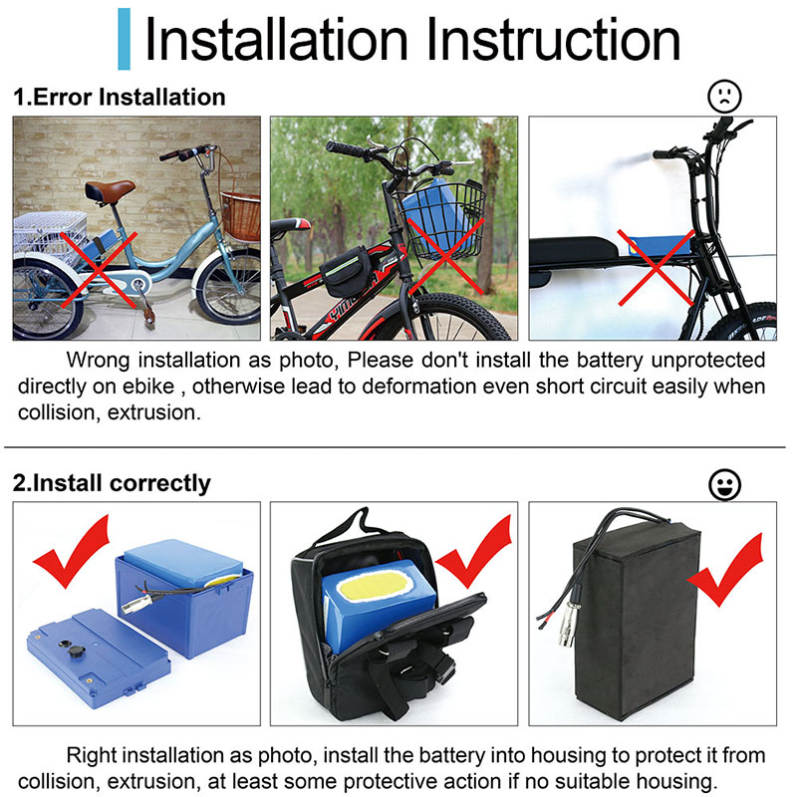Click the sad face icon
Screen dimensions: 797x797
pos(724,96)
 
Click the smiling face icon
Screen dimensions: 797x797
pos(724,485)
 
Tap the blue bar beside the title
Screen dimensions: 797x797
pos(124,39)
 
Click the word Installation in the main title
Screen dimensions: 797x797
pos(276,40)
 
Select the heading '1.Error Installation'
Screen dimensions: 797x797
pos(120,97)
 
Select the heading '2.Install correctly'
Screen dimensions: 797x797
pos(112,483)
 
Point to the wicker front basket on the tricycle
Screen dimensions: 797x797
pos(241,215)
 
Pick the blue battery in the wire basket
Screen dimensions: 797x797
pos(435,213)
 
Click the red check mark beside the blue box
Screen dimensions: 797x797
pos(73,552)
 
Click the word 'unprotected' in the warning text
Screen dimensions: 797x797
pos(708,360)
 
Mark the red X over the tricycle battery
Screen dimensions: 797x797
pos(99,269)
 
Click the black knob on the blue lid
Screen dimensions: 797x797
pos(76,652)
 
